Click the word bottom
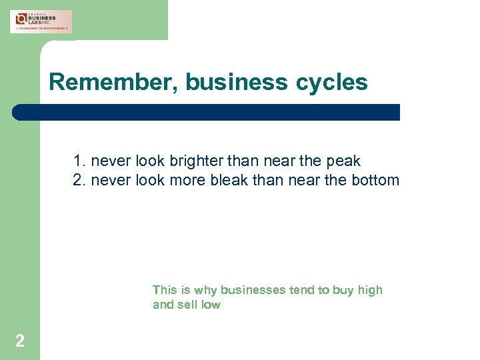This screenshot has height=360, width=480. tap(377, 180)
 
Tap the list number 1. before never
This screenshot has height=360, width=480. tap(80, 161)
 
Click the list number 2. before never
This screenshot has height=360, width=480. tap(80, 180)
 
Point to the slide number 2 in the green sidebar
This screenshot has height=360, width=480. tap(20, 341)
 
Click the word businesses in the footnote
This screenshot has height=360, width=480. tap(253, 290)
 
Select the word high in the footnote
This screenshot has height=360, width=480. tap(370, 290)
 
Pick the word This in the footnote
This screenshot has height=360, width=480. tap(164, 290)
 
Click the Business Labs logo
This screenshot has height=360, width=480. tap(41, 21)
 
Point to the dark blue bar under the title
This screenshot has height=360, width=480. tap(206, 112)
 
